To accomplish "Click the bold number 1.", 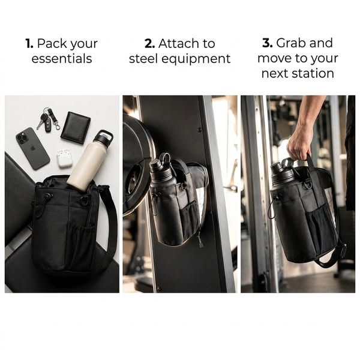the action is (x=29, y=44).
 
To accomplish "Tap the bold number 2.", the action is (x=149, y=44).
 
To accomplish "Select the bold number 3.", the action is (x=267, y=43).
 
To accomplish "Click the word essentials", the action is (x=62, y=59).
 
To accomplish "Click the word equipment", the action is (x=196, y=59).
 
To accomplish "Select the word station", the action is (x=313, y=73).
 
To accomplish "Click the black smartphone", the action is (x=32, y=149).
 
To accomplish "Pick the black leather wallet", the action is (x=76, y=128).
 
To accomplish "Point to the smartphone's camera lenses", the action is (x=23, y=139).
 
